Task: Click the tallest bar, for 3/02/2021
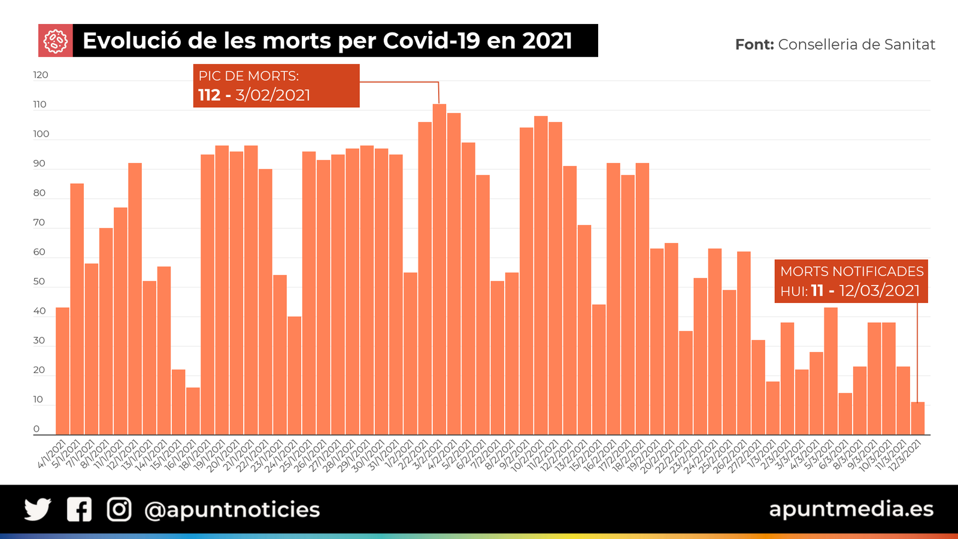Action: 439,269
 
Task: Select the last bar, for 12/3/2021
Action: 917,419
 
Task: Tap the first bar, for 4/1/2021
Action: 62,371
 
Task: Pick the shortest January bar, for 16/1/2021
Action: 193,411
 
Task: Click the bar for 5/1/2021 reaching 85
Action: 77,309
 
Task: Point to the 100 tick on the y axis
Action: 41,134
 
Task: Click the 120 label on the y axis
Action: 41,75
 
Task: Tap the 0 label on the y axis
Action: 37,429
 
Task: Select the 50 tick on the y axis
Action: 39,281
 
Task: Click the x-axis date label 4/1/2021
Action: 53,455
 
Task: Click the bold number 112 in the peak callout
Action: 209,95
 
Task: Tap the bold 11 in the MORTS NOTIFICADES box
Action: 817,290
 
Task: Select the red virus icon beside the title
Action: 56,41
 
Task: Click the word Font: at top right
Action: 754,44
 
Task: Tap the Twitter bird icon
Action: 37,510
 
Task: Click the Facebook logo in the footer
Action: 79,510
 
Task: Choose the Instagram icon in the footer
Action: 119,510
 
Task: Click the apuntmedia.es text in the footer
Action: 851,509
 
